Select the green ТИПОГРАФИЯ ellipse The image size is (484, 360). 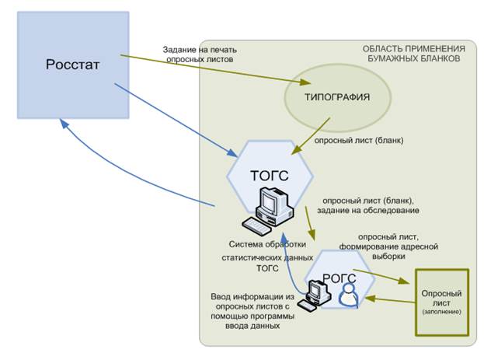coord(336,97)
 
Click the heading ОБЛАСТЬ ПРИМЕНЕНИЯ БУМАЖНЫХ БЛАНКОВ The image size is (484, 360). coord(413,54)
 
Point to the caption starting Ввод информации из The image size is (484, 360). coord(248,311)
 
